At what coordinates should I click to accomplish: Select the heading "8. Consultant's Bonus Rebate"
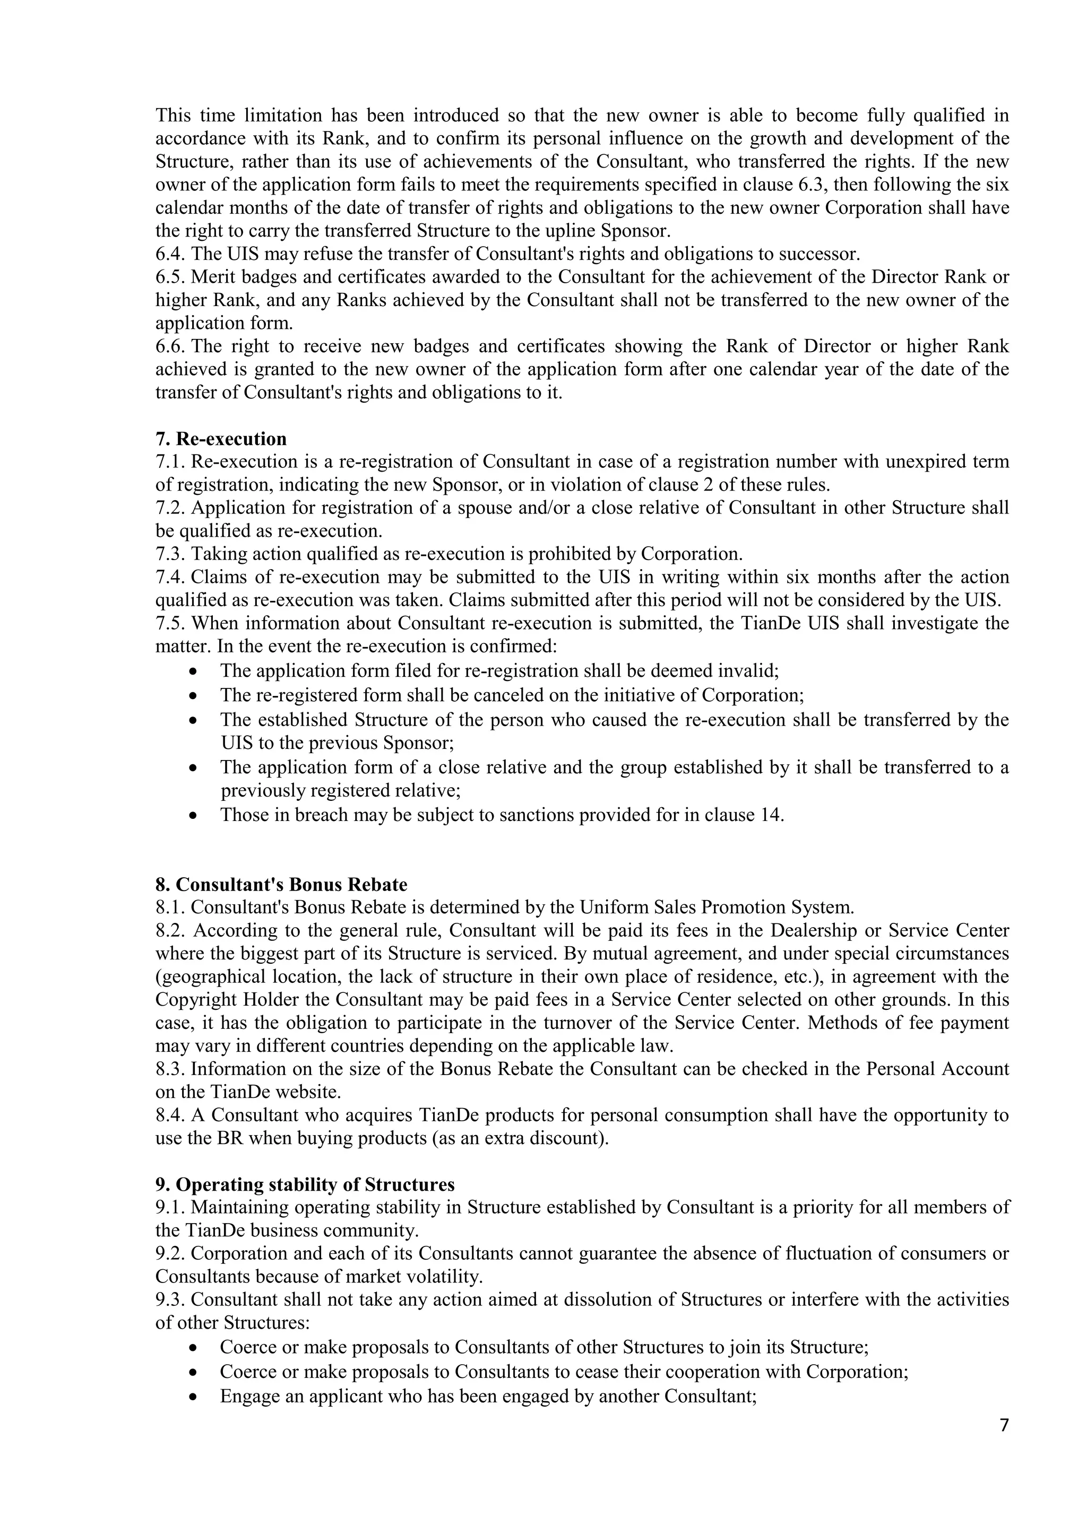281,884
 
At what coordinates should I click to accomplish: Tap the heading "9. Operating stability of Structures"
305,1185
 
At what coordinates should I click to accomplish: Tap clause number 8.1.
171,908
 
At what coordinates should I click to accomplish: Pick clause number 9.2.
171,1254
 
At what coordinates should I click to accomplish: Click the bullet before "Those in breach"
193,816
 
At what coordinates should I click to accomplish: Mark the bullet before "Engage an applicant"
193,1398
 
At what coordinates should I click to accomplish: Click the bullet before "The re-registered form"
193,696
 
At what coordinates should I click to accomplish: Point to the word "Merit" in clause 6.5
212,277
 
